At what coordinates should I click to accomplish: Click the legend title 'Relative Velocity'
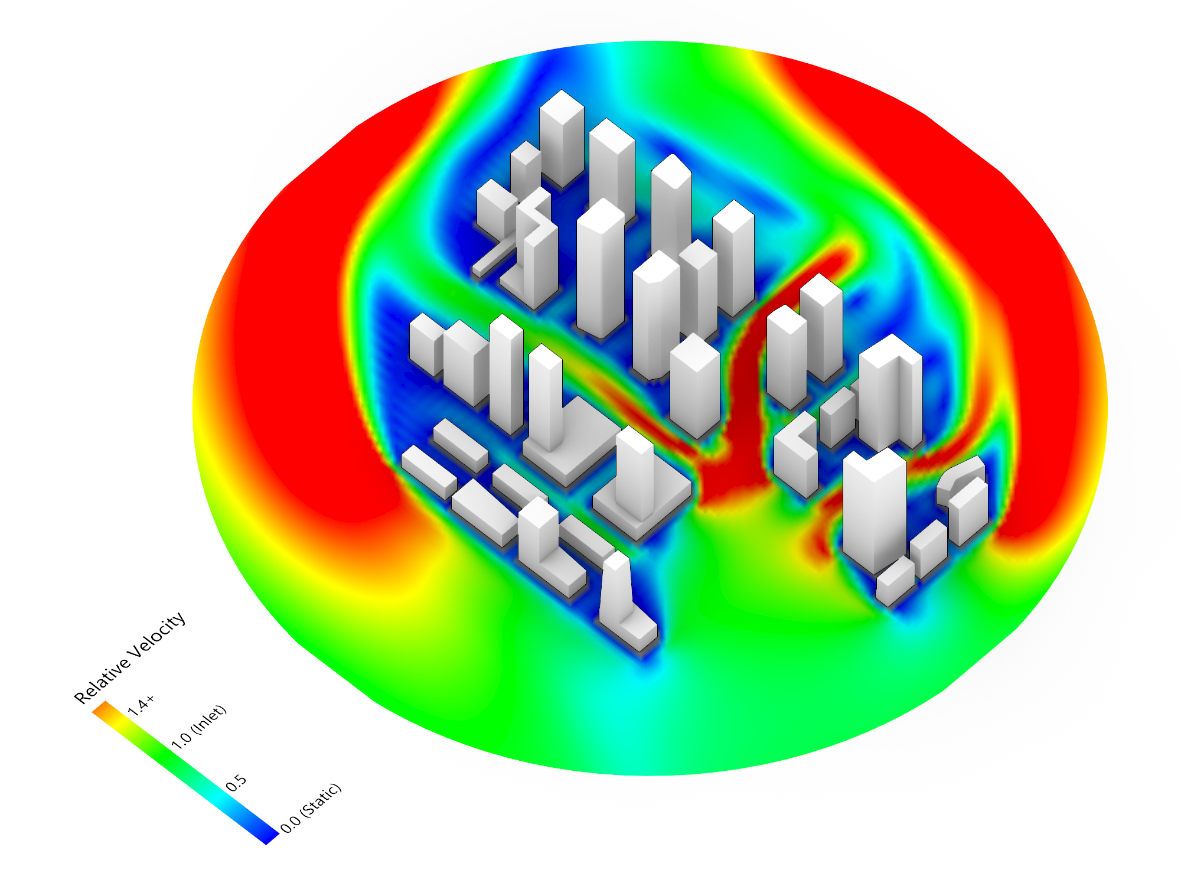130,657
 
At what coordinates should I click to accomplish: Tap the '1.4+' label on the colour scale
141,705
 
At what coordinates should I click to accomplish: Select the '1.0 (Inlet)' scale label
198,727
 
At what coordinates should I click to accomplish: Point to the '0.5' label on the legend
236,783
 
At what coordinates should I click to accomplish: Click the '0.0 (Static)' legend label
311,808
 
